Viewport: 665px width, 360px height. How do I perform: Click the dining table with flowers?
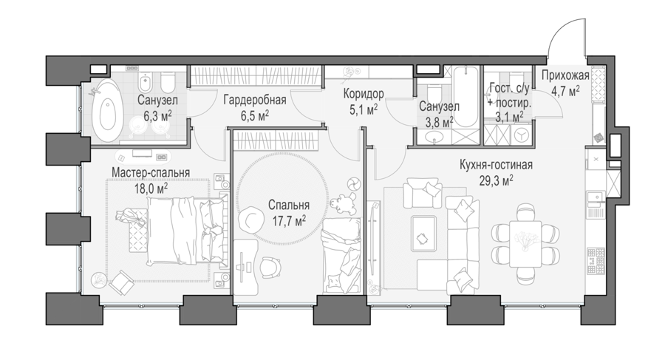point(525,244)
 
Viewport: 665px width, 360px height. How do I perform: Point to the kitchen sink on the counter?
point(595,197)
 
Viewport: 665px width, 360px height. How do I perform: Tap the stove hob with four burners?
point(595,261)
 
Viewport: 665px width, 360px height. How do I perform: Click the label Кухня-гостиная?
point(496,165)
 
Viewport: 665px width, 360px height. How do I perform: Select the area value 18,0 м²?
point(151,188)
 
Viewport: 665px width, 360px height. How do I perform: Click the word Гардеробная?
point(255,101)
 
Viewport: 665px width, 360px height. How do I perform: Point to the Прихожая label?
point(565,75)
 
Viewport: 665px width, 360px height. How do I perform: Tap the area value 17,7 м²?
point(289,220)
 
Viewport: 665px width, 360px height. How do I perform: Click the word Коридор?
point(364,93)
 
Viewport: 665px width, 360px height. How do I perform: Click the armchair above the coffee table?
point(423,192)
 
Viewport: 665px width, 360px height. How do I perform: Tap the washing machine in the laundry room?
point(521,135)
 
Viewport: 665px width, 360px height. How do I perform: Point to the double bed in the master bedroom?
point(183,230)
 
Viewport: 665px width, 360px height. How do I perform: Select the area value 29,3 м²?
point(497,181)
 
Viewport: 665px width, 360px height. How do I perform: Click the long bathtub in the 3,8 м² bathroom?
point(465,96)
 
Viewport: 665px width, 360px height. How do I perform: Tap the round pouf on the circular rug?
point(248,217)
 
